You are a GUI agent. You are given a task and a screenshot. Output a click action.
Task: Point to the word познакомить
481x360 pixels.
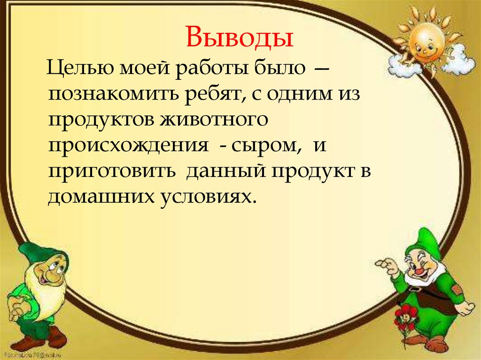coord(109,96)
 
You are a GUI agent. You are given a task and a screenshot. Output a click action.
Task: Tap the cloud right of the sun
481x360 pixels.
coord(458,61)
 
